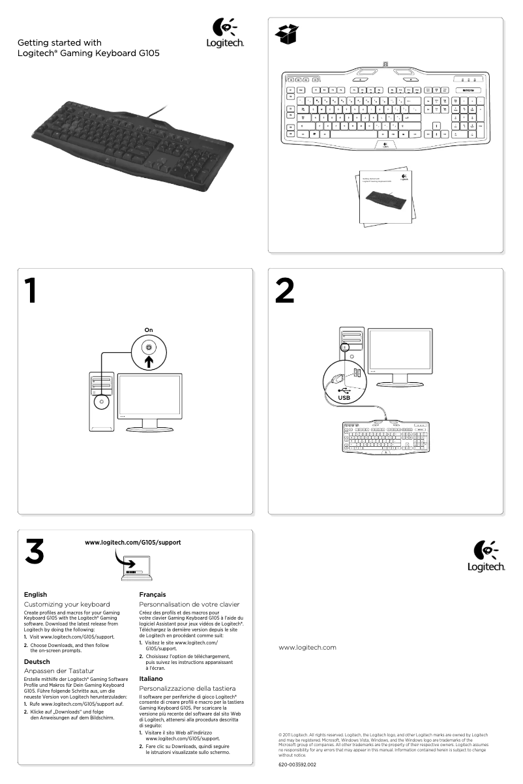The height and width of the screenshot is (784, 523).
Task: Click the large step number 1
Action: [x=31, y=291]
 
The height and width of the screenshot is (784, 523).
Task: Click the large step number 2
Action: [x=284, y=291]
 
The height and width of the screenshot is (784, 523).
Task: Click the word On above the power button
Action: [x=149, y=330]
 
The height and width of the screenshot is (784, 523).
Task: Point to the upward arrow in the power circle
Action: [x=149, y=361]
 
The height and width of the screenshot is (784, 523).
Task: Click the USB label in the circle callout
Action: [x=344, y=397]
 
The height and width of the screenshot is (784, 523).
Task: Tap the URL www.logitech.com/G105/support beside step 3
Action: [x=133, y=543]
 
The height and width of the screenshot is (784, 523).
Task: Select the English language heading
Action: [x=35, y=594]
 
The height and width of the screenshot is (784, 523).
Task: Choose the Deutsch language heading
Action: [x=37, y=661]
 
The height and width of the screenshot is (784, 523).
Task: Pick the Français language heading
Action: [x=153, y=594]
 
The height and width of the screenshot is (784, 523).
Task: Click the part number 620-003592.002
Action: [x=297, y=764]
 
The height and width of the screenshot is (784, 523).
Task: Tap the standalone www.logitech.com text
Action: [x=307, y=647]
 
